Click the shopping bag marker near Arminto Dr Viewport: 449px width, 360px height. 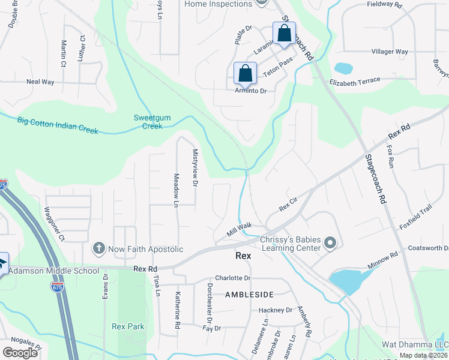[246, 74]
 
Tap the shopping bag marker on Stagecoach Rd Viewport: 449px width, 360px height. [284, 34]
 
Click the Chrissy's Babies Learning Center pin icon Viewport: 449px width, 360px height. [330, 243]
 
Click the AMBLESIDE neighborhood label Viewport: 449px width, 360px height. [249, 295]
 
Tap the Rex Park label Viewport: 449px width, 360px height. [128, 326]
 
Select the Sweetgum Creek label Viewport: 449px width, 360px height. [148, 122]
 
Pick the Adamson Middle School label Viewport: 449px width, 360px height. [54, 271]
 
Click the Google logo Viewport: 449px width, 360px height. [20, 352]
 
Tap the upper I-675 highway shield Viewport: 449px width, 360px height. [3, 185]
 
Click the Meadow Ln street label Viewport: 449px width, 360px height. [176, 190]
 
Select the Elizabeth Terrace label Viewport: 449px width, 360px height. [355, 80]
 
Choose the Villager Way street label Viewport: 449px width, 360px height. [390, 52]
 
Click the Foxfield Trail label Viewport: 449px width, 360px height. [417, 217]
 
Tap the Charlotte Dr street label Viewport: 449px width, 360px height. [232, 278]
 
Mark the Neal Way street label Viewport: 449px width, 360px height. [40, 82]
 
